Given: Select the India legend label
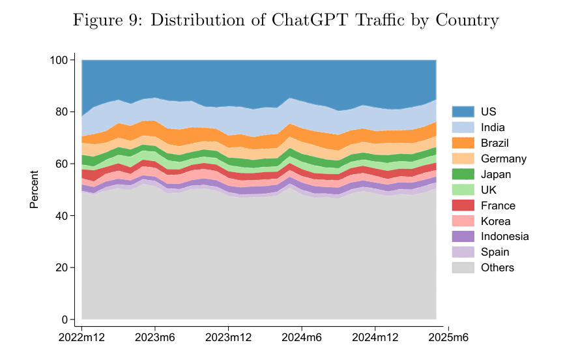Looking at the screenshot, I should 493,127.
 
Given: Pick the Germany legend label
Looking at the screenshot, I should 503,158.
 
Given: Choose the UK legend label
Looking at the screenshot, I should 489,190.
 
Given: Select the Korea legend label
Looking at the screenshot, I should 495,221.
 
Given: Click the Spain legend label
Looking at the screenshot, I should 495,252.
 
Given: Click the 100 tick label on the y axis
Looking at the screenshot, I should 59,60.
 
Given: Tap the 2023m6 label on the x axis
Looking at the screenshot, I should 154,338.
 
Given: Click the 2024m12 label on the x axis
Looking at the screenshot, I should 375,338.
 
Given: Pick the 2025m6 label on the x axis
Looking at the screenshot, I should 448,338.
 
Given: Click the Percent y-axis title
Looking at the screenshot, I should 35,190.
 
